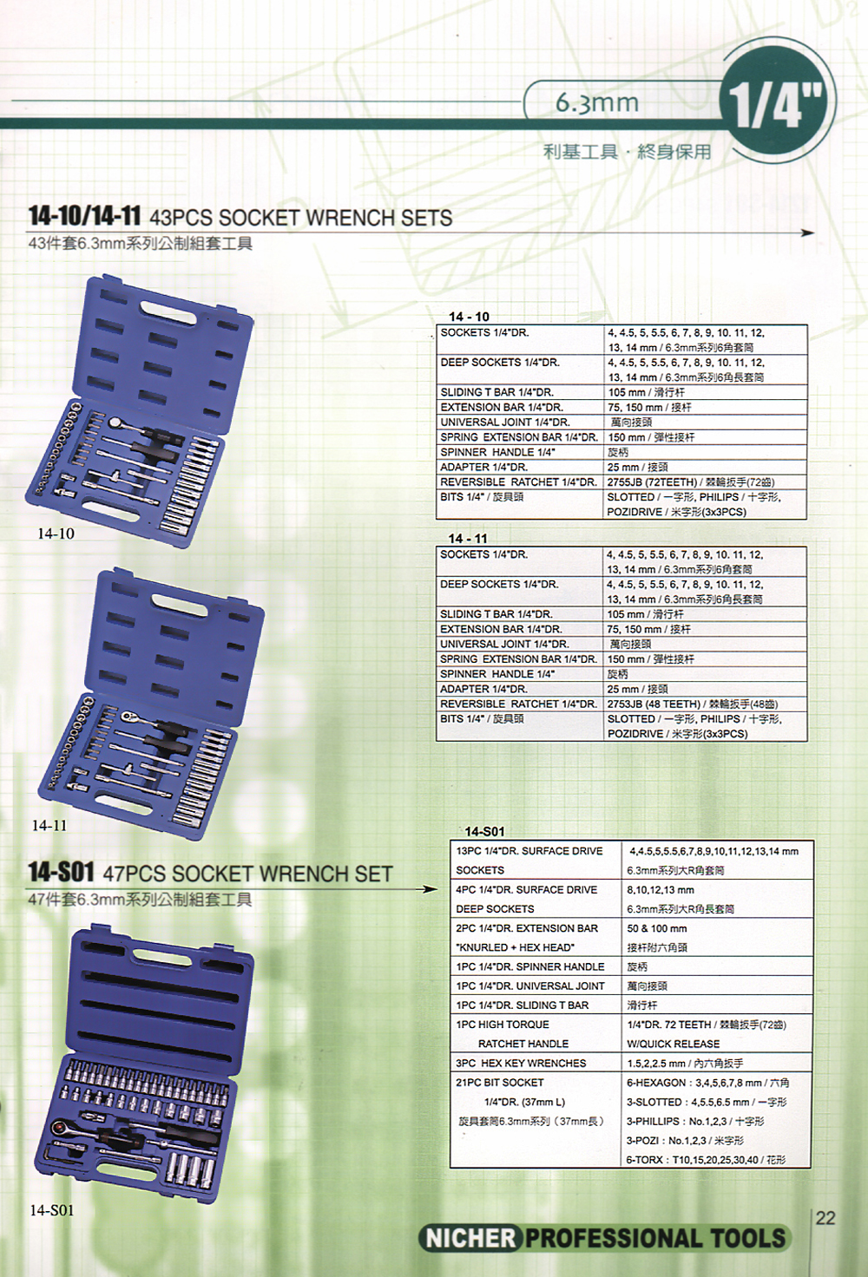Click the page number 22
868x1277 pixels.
pos(825,1217)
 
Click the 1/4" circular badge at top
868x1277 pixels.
pos(778,108)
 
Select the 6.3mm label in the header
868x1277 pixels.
pos(596,102)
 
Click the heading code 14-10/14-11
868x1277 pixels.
pos(84,218)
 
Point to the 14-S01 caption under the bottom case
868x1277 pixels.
pos(52,1209)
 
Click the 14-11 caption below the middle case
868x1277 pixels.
pos(49,825)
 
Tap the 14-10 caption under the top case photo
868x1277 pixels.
pos(56,534)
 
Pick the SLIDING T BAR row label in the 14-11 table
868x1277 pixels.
pos(496,614)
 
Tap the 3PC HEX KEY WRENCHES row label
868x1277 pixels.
pos(521,1064)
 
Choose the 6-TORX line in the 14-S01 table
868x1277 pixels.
pos(706,1160)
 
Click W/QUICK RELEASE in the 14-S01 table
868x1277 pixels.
pos(673,1044)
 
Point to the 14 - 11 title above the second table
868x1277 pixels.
pos(468,539)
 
